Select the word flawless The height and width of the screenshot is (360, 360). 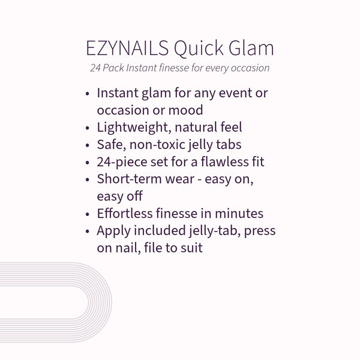coord(215,162)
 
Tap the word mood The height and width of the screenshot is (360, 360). coord(187,110)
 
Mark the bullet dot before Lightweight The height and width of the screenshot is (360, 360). coord(89,128)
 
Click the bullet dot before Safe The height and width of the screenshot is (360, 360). coord(89,145)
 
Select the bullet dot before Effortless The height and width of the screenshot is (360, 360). coord(89,214)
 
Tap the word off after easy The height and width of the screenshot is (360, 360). coord(133,196)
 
